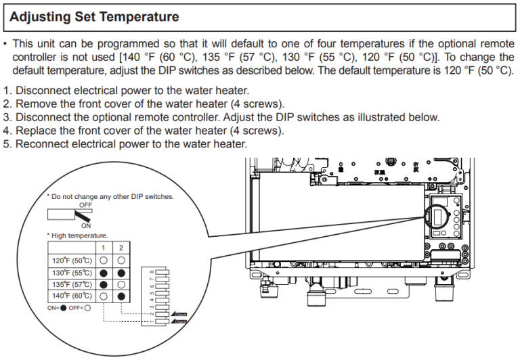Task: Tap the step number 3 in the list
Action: [6, 117]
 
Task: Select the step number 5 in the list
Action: [6, 144]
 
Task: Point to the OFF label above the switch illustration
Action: [85, 204]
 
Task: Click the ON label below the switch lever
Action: [85, 225]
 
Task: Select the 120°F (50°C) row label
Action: [72, 260]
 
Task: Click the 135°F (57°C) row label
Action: [72, 284]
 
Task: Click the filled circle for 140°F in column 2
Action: [120, 296]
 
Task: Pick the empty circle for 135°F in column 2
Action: [120, 284]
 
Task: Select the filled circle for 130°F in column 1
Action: [104, 272]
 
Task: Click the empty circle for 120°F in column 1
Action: [104, 260]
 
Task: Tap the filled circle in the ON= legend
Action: [64, 308]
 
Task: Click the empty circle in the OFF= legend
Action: [87, 308]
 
